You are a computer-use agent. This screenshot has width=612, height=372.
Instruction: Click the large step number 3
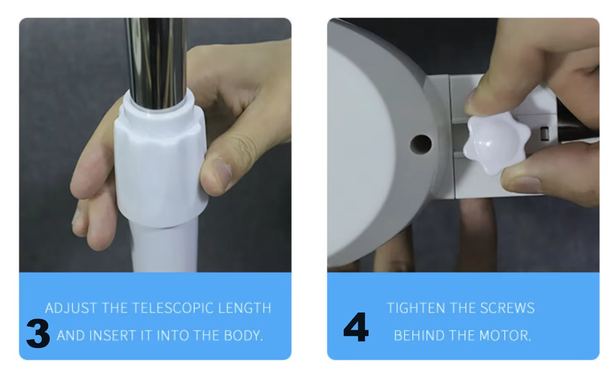(38, 334)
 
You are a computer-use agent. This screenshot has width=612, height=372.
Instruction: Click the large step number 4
(356, 327)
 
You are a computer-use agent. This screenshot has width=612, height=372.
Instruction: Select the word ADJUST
(71, 308)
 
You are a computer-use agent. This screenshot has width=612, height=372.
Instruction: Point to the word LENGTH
(245, 308)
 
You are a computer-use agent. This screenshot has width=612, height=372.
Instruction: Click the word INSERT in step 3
(113, 336)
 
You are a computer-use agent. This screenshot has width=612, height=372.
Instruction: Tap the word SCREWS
(507, 308)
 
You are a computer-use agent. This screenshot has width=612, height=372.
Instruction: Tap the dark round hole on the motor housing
(421, 143)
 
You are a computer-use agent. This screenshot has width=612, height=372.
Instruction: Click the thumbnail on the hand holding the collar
(223, 174)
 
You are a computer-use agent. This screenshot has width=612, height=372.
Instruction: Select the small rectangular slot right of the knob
(544, 134)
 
